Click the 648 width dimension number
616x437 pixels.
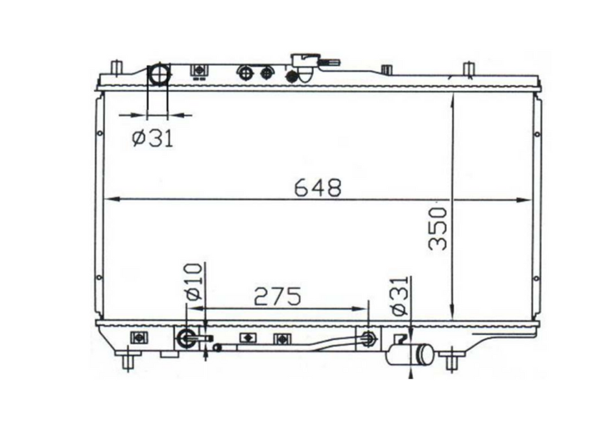pos(317,187)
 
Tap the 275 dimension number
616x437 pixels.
pos(277,297)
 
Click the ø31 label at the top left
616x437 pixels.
pos(153,137)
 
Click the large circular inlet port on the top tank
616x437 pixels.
pos(158,75)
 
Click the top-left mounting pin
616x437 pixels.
pos(116,68)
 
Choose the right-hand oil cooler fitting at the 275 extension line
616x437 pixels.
pos(368,338)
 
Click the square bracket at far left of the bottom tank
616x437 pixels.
pos(137,338)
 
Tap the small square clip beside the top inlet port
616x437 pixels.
pos(198,71)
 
